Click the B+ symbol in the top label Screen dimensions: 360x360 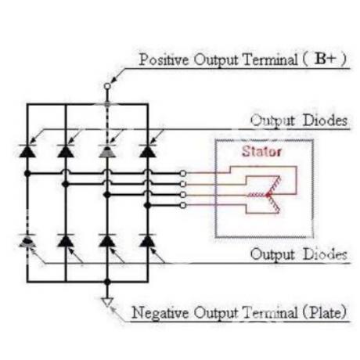click(x=325, y=59)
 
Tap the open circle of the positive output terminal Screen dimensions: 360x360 click(x=107, y=86)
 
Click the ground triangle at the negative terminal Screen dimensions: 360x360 click(x=107, y=302)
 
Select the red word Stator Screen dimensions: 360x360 click(x=261, y=151)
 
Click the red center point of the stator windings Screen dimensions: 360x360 click(x=268, y=195)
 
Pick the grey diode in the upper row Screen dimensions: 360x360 click(x=107, y=150)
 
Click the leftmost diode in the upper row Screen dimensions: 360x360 click(x=27, y=150)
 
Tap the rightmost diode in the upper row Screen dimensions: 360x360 click(x=148, y=150)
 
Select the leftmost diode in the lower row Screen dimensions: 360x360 click(x=27, y=240)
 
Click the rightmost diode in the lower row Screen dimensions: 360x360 click(x=148, y=240)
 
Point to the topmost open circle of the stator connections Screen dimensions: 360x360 click(x=183, y=173)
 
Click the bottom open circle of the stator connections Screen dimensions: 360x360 click(x=183, y=206)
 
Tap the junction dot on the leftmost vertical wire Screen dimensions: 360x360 click(x=27, y=173)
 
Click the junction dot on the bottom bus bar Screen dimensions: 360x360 click(x=107, y=282)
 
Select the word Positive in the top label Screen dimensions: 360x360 click(x=164, y=59)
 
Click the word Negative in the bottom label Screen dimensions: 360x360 click(x=160, y=312)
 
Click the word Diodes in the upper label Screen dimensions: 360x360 click(x=326, y=121)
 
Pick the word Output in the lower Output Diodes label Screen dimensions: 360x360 click(x=272, y=254)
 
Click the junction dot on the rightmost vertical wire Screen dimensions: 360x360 click(x=148, y=206)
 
